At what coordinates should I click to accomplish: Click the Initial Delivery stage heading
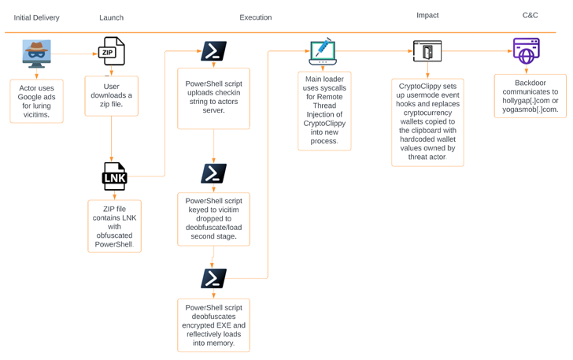coord(36,17)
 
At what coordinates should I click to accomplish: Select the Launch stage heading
coord(111,17)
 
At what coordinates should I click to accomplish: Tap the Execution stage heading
coord(255,17)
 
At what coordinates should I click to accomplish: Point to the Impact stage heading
coord(427,15)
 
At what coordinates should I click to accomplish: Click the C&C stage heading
coord(530,15)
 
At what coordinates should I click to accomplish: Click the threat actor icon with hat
coord(36,54)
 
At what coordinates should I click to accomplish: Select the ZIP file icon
coord(111,52)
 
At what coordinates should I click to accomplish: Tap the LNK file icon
coord(114,176)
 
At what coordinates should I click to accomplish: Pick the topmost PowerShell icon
coord(213,51)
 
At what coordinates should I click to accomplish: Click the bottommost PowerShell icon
coord(213,278)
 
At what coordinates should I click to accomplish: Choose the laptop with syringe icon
coord(323,52)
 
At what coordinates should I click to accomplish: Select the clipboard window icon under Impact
coord(427,52)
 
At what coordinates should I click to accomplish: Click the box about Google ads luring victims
coord(36,101)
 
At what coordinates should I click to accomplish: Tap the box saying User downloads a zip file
coord(111,96)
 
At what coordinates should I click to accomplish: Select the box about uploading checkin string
coord(213,98)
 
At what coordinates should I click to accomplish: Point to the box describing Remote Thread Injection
coord(324,110)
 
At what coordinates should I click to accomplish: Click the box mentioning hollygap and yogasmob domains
coord(530,95)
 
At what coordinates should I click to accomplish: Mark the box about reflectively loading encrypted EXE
coord(213,325)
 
